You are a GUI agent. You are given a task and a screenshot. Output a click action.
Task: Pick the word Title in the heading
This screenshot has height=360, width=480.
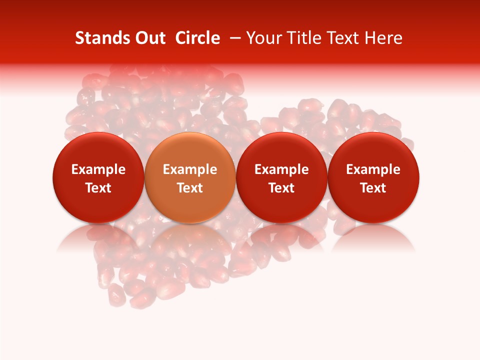tap(302, 38)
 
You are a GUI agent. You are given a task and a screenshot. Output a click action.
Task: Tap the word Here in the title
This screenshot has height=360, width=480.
tap(384, 38)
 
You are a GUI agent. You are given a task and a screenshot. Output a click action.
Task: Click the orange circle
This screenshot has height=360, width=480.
tap(190, 178)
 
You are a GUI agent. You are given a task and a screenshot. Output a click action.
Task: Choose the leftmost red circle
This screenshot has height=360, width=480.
tap(98, 178)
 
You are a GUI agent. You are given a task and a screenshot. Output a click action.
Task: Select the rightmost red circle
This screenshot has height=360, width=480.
tap(373, 178)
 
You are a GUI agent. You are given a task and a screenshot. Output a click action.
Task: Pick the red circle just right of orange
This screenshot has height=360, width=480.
tap(281, 178)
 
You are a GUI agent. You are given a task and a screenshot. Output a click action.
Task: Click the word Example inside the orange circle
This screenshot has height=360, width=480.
tap(190, 169)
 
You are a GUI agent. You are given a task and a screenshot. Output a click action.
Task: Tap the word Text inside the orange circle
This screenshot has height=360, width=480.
tap(190, 188)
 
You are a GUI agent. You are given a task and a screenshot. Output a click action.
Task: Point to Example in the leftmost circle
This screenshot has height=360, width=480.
tap(98, 169)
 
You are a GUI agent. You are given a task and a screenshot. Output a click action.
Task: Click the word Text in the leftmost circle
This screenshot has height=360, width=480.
tap(98, 188)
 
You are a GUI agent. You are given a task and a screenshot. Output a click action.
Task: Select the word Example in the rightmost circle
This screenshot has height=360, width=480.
tap(373, 169)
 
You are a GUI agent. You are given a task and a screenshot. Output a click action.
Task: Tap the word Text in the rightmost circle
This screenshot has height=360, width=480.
tap(373, 188)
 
